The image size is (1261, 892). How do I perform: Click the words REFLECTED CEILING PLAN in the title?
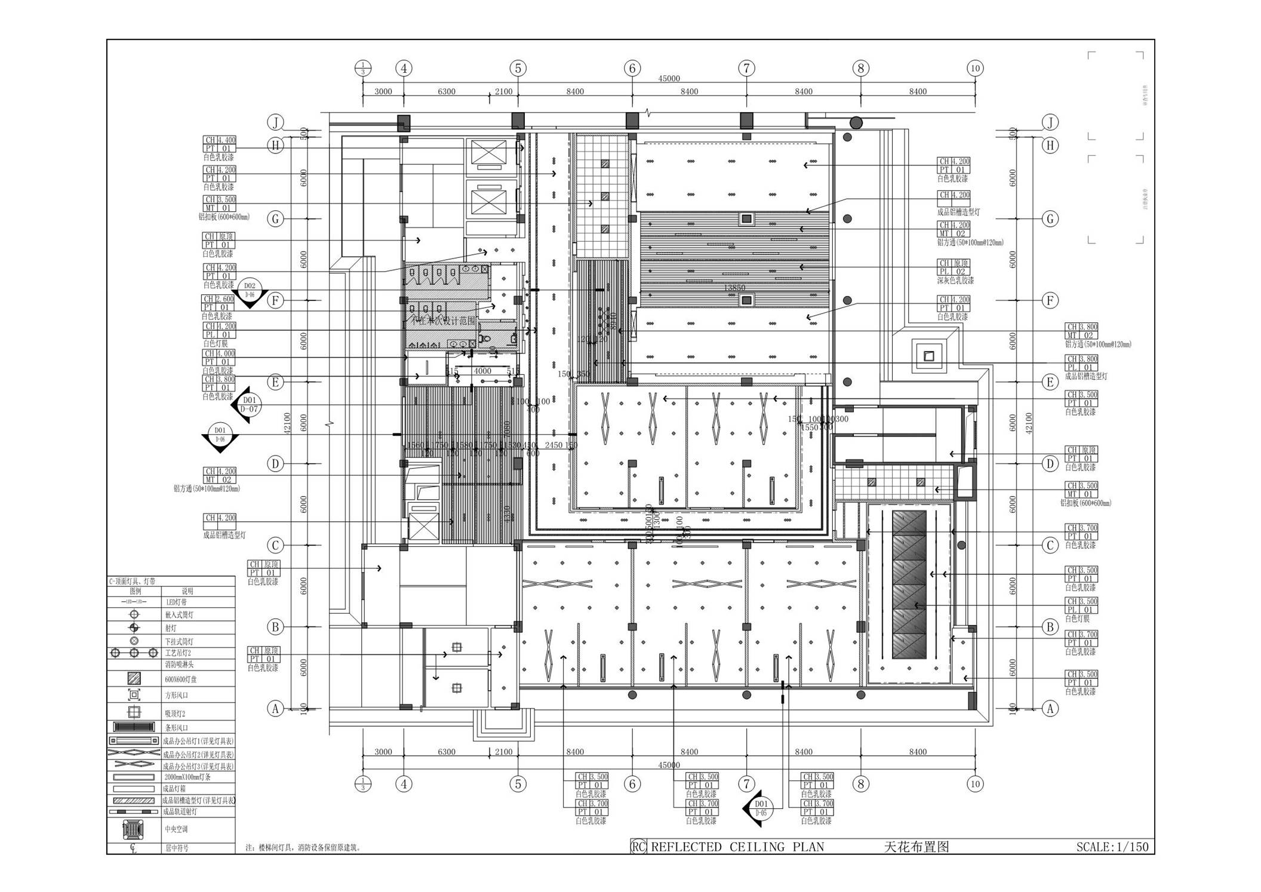[x=737, y=847]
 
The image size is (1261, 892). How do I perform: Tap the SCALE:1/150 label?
[x=1112, y=847]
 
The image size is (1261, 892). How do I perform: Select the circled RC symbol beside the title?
[x=638, y=847]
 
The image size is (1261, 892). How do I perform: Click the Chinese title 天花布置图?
[x=916, y=847]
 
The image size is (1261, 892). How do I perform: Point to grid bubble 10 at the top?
[x=975, y=68]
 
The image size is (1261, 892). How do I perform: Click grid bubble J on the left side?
[x=275, y=123]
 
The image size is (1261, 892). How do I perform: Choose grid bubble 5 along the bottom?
[x=518, y=784]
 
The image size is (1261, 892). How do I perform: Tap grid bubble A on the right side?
[x=1050, y=709]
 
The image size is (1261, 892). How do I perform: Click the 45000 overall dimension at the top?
[x=669, y=79]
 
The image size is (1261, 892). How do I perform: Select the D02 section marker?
[x=250, y=290]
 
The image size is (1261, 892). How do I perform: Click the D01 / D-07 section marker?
[x=249, y=404]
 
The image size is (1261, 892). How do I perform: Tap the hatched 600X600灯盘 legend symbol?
[x=134, y=679]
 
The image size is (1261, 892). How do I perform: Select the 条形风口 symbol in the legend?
[x=134, y=727]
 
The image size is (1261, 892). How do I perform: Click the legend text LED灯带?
[x=176, y=602]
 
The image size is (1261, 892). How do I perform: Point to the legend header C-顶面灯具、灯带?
[x=132, y=581]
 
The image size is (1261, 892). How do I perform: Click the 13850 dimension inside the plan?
[x=734, y=288]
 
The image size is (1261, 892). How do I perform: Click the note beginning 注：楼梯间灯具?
[x=303, y=847]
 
